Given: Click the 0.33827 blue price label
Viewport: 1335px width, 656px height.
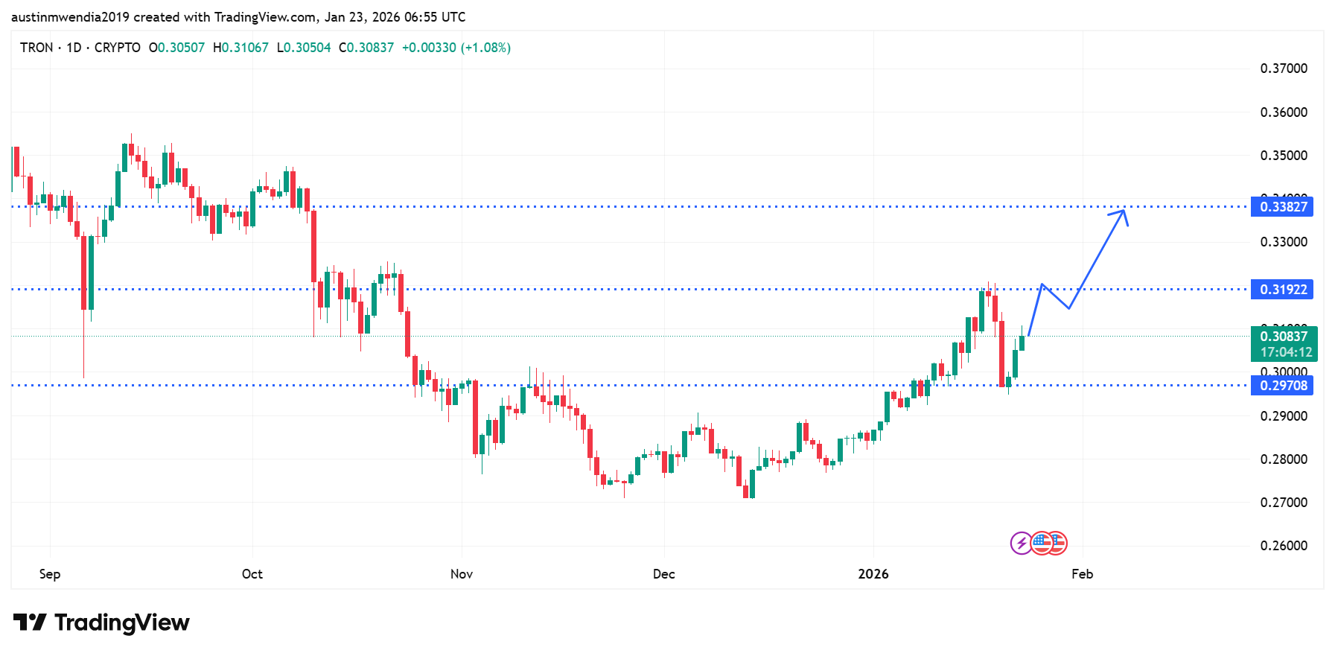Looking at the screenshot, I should [x=1283, y=207].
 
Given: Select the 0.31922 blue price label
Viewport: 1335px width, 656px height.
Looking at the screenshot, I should [x=1283, y=290].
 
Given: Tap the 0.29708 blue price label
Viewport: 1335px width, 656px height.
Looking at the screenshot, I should [x=1283, y=386].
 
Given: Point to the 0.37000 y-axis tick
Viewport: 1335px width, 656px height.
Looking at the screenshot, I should [x=1284, y=69].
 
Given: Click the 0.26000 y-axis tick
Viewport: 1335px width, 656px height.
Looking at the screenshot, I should [x=1284, y=546].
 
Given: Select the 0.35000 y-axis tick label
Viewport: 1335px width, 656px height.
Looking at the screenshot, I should [x=1284, y=156].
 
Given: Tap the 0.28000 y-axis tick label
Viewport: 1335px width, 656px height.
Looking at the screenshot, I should [x=1284, y=459].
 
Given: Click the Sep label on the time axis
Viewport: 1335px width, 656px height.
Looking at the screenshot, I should [x=50, y=574].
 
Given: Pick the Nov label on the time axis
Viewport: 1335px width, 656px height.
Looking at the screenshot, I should [x=462, y=574].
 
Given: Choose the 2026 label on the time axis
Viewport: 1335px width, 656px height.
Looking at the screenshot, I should [x=873, y=574].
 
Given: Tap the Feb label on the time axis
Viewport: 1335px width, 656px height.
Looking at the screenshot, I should [x=1082, y=574].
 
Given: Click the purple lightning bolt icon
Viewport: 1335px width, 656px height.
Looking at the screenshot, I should [x=1021, y=544].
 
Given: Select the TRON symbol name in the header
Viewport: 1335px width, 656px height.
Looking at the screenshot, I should [x=36, y=48].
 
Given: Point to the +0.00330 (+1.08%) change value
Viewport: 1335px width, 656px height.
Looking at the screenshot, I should [x=456, y=48].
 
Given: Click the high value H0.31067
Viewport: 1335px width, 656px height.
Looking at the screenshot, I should [x=240, y=48].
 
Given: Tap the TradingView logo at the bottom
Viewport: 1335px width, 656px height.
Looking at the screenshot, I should [x=101, y=622].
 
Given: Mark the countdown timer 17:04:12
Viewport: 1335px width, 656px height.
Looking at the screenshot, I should [x=1286, y=352].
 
